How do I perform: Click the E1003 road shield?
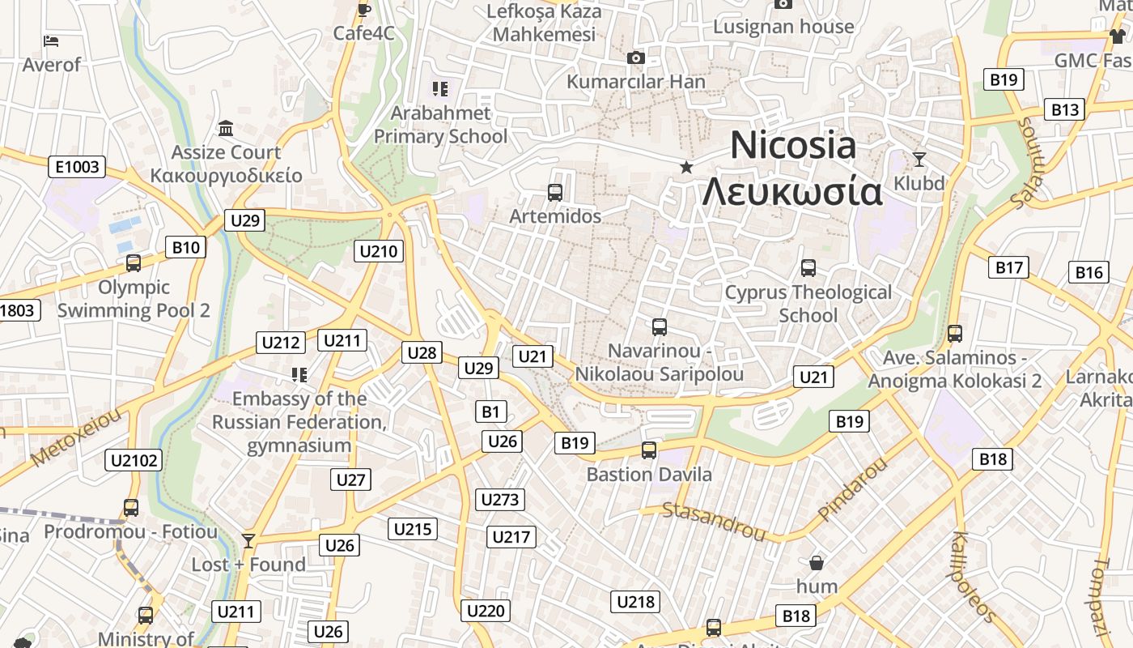[x=79, y=167]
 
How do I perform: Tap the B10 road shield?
[x=185, y=247]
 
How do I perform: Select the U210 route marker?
[x=378, y=251]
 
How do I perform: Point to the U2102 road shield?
[x=134, y=460]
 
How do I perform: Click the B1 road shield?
[x=490, y=411]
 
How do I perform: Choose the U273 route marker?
[x=499, y=499]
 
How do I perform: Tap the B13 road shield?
[x=1065, y=109]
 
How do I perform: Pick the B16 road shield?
[x=1088, y=272]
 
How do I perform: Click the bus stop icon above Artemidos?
[x=555, y=193]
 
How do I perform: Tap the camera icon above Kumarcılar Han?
[x=636, y=58]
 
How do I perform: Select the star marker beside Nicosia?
[x=686, y=167]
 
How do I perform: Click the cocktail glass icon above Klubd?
[x=919, y=159]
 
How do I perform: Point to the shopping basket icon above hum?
[x=817, y=562]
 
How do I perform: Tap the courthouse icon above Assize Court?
[x=226, y=129]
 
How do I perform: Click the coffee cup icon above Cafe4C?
[x=364, y=10]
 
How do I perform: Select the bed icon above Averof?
[x=52, y=40]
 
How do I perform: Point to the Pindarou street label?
[x=852, y=489]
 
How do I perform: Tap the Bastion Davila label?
[x=649, y=474]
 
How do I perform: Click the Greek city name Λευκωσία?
[x=791, y=193]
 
